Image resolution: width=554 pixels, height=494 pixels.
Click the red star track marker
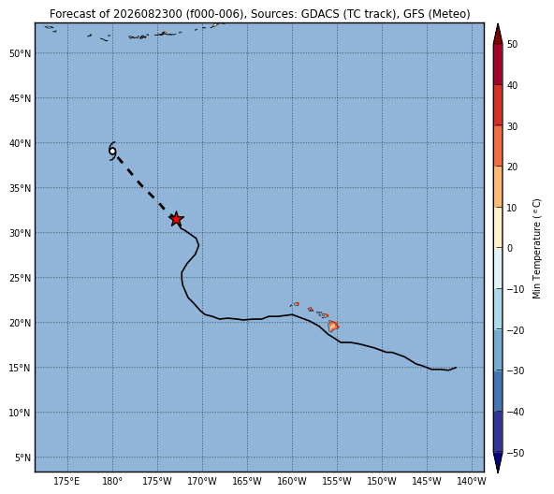click(176, 220)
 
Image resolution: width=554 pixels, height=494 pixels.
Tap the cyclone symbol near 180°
click(112, 152)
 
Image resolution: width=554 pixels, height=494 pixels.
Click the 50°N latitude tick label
click(21, 53)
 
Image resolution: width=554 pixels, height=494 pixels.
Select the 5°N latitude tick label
click(23, 458)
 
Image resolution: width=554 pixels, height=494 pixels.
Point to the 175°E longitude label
click(67, 481)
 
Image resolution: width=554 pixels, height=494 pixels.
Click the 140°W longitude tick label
click(473, 481)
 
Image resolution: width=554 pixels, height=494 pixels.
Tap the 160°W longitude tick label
click(292, 481)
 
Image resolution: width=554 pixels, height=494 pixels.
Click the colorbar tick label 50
click(512, 45)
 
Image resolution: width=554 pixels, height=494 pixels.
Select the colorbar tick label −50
click(516, 453)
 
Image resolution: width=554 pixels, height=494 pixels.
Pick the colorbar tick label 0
click(510, 249)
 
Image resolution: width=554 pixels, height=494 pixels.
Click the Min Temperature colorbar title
click(536, 249)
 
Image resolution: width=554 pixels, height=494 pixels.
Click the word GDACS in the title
click(319, 14)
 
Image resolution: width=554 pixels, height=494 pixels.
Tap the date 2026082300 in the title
click(148, 14)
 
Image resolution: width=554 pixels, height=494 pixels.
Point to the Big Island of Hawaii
click(333, 326)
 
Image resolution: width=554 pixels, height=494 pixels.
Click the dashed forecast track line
click(141, 183)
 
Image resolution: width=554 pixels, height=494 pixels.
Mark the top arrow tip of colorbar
click(498, 24)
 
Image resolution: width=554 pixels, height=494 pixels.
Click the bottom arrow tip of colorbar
click(498, 472)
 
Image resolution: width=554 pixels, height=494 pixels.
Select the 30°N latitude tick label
click(21, 233)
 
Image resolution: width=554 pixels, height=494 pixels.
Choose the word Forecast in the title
click(67, 14)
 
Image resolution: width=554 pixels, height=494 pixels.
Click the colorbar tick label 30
click(512, 126)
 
